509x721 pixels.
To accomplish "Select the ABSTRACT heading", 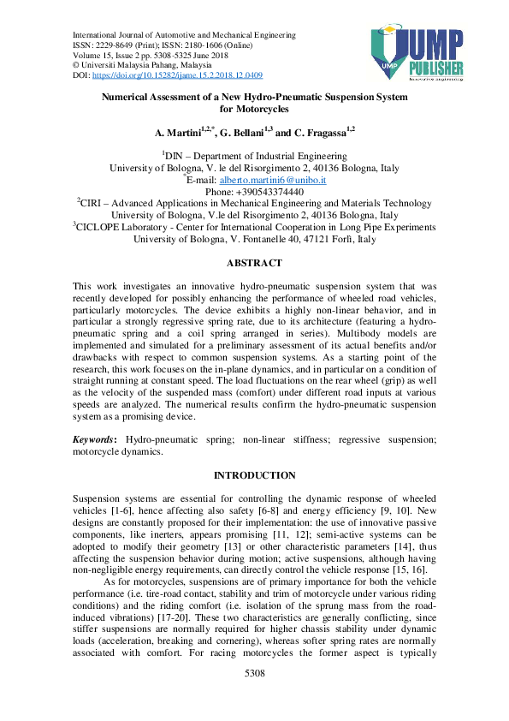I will [254, 263].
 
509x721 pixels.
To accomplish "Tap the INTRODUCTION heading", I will [254, 475].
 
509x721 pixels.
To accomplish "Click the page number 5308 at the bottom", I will [255, 699].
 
